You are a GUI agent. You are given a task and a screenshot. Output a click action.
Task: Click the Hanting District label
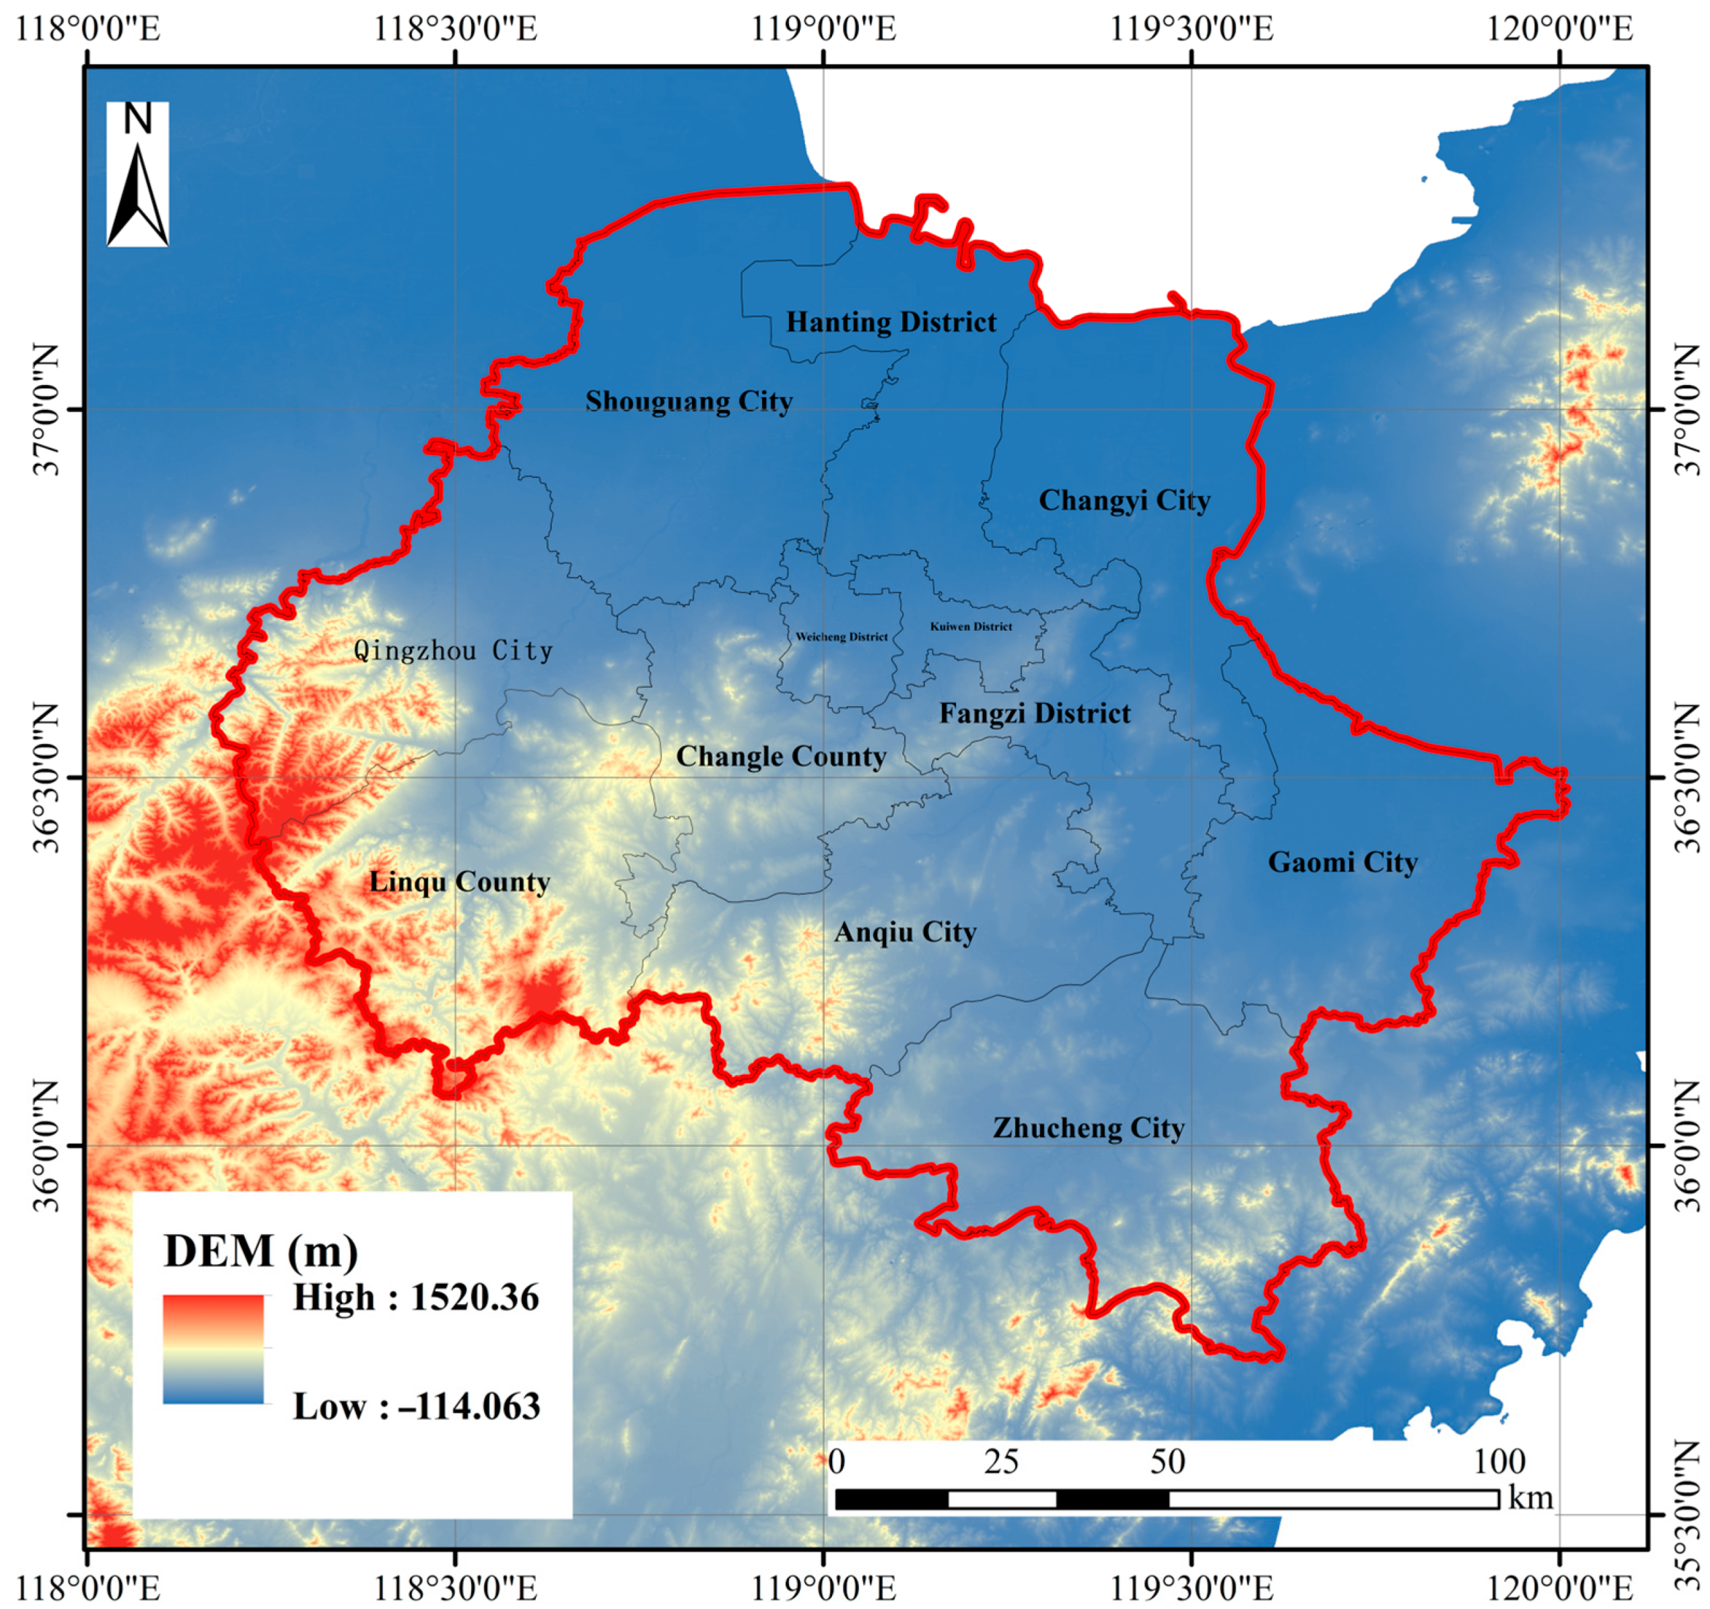891,322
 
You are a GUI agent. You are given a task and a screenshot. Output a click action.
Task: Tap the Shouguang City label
688,402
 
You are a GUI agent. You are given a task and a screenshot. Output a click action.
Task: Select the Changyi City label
1124,500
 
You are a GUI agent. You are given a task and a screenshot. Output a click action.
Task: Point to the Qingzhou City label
453,651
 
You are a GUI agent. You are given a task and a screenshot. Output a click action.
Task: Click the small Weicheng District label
842,638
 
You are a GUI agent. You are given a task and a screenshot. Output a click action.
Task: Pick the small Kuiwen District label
971,627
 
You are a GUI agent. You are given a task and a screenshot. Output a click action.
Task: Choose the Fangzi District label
1035,714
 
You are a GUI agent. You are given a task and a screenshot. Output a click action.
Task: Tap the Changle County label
780,757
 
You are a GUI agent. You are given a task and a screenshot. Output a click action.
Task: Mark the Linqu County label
459,883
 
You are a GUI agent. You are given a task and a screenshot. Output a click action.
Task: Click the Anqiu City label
905,932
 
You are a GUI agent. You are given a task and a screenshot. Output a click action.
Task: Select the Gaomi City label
1342,862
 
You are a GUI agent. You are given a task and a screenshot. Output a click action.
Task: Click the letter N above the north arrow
137,120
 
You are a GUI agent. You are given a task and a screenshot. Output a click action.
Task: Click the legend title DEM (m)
261,1252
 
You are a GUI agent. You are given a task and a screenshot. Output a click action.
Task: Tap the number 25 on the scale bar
1001,1462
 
